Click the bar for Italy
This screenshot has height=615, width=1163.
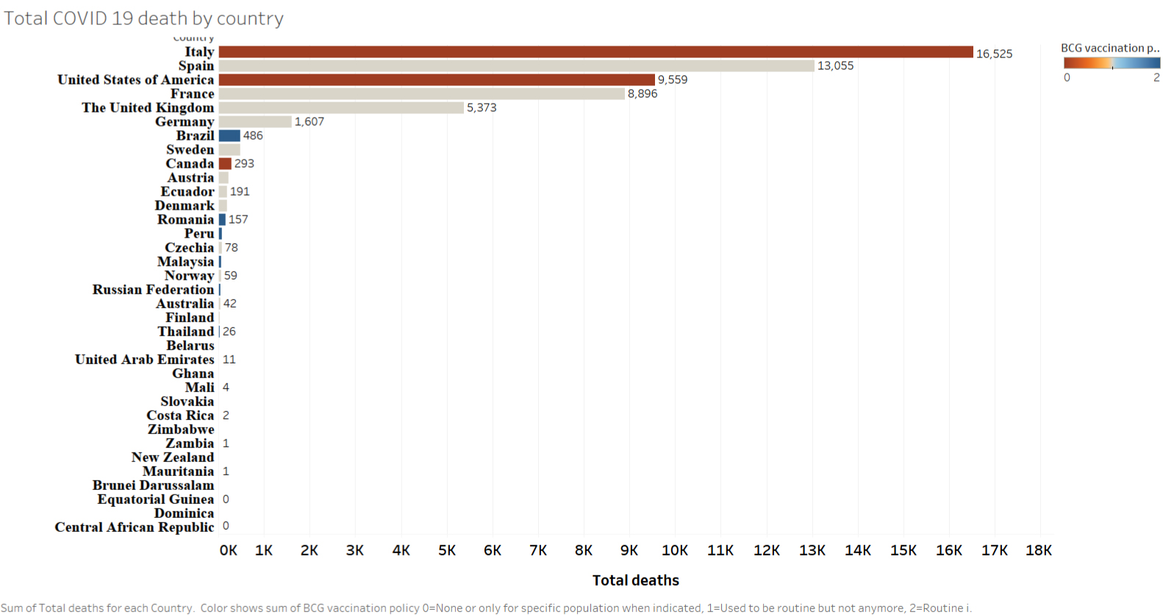point(595,51)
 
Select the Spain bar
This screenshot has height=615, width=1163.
point(516,65)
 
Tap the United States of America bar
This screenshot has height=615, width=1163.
point(437,79)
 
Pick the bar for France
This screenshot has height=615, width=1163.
point(421,93)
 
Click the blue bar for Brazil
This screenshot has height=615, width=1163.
point(229,135)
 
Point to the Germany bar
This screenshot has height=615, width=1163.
point(255,121)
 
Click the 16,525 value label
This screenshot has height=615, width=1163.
point(994,54)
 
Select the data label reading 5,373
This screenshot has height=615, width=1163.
point(482,107)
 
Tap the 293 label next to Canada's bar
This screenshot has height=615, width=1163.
point(244,163)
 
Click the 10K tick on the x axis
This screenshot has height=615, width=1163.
point(674,550)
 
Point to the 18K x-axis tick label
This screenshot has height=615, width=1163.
point(1038,550)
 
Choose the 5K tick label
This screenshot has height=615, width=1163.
point(446,550)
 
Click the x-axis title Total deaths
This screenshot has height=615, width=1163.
point(635,580)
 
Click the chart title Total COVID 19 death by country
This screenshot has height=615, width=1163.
point(144,18)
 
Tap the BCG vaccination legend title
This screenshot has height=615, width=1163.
point(1109,48)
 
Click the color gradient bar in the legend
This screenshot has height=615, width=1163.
point(1112,63)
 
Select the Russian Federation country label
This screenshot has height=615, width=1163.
point(153,290)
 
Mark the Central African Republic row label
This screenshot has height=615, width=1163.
point(135,527)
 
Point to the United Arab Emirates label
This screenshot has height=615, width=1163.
point(144,360)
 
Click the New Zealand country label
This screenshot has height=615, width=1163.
point(173,458)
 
